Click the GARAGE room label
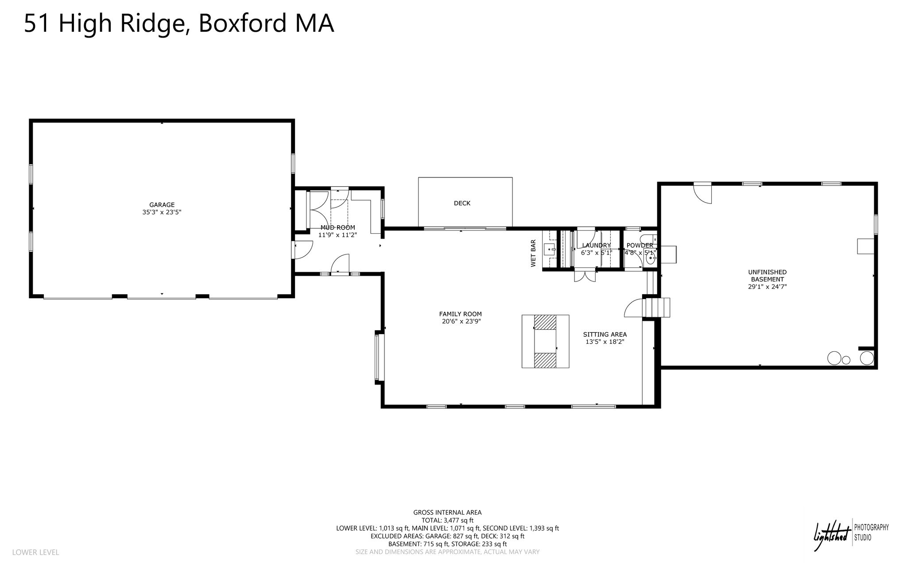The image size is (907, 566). [x=162, y=205]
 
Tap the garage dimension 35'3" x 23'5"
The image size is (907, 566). [x=162, y=212]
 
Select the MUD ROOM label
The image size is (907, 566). [x=338, y=227]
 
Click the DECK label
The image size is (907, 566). [x=462, y=203]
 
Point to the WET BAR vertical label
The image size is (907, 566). [x=533, y=254]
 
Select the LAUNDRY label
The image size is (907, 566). [x=597, y=245]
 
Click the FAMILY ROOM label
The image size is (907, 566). [x=461, y=314]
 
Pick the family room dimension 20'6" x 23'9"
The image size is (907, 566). [x=461, y=322]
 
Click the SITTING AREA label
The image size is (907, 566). [x=605, y=335]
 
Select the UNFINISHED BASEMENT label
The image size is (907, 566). [x=767, y=276]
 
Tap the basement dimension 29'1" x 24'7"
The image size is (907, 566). [x=767, y=287]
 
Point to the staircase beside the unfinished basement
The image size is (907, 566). [x=657, y=308]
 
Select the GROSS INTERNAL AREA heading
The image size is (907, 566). [x=447, y=512]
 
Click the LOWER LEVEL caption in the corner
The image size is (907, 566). [x=35, y=552]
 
